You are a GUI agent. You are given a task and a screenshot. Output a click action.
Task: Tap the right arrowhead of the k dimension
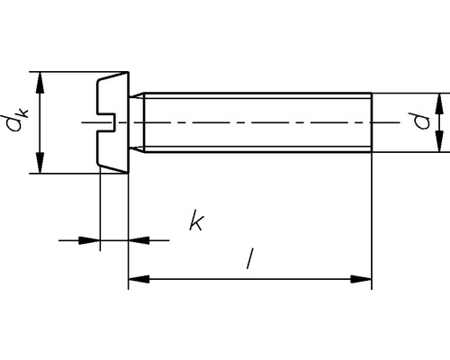tap(137, 239)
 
